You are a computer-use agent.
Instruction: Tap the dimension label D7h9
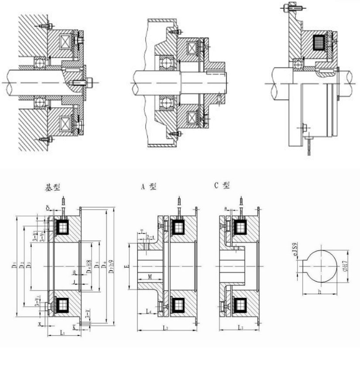tap(113, 265)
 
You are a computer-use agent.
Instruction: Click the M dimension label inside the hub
tap(149, 277)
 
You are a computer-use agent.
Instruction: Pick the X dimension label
tap(39, 324)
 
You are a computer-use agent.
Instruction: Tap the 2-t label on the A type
tap(149, 237)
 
